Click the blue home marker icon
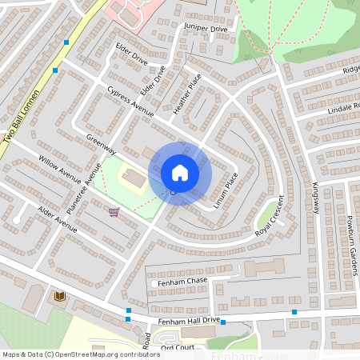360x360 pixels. click(x=180, y=173)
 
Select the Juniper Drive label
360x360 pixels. click(x=206, y=28)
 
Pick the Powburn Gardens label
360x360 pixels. click(x=350, y=245)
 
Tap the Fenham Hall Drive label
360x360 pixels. click(x=189, y=320)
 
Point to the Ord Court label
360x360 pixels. click(x=178, y=347)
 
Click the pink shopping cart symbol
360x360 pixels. click(x=114, y=212)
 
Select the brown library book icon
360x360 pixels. click(x=58, y=297)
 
